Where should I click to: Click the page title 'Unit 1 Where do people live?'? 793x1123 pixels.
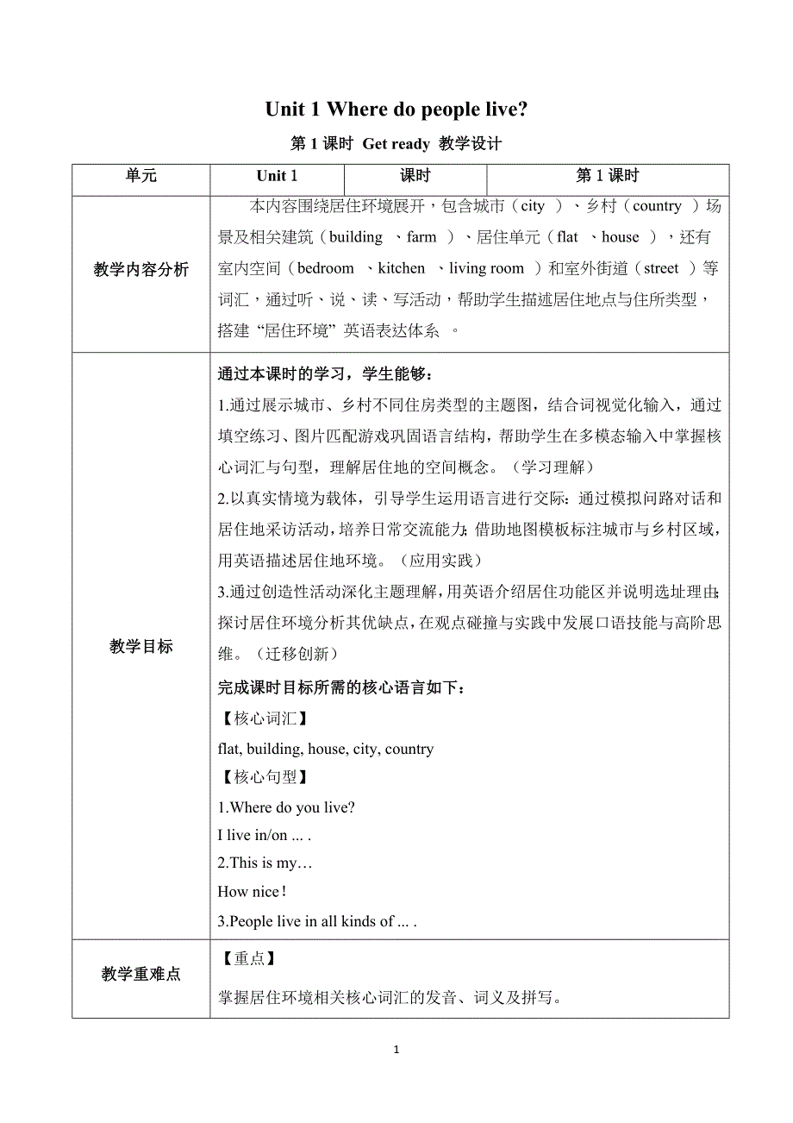coord(396,109)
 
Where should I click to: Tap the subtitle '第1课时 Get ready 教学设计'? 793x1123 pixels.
coord(396,144)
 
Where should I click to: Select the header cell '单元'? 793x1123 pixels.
coord(141,177)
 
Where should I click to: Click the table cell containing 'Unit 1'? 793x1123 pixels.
coord(277,177)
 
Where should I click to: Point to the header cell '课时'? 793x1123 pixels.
coord(415,177)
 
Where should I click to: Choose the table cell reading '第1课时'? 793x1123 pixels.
coord(607,177)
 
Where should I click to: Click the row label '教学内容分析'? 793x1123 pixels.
coord(141,270)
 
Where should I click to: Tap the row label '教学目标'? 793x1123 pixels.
coord(141,647)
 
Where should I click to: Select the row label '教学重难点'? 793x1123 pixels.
coord(141,974)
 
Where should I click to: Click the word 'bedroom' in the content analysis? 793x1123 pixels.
coord(326,269)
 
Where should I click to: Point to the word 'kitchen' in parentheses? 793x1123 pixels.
coord(402,269)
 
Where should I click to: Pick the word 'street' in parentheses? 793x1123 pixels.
coord(661,269)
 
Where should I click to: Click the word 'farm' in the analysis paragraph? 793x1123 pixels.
coord(421,237)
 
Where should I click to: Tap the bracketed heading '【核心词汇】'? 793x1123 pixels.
coord(260,718)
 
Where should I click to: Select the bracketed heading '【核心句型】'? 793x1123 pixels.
coord(260,777)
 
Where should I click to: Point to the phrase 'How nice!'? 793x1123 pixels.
coord(252,892)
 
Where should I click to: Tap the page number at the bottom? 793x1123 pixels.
coord(396,1050)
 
